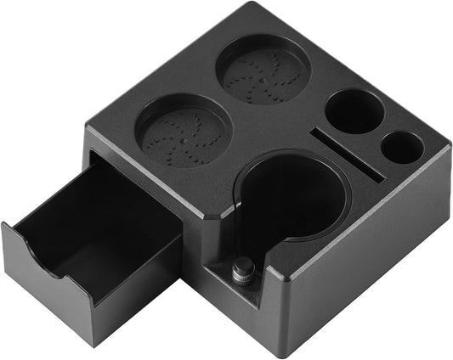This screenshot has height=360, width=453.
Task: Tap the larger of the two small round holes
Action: point(354,110)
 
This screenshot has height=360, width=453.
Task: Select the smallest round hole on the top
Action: point(402,148)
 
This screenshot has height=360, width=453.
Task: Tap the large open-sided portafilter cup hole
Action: point(293,200)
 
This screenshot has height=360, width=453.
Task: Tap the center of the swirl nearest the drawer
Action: point(184,134)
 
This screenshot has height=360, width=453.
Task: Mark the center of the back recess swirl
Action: point(263,71)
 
